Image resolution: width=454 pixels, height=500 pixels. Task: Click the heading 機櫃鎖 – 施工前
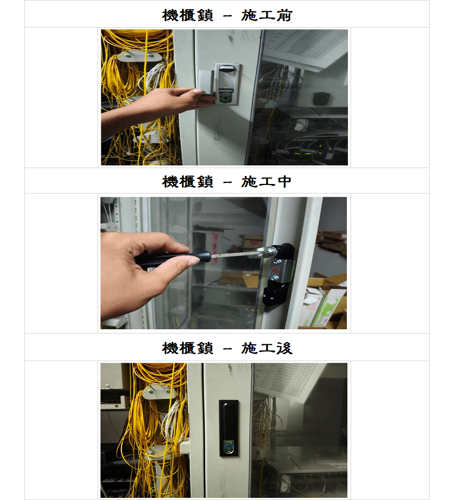tap(227, 15)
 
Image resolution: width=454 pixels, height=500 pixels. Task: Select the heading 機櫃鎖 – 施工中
tap(226, 181)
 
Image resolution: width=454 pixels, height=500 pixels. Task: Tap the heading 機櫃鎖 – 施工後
tap(227, 348)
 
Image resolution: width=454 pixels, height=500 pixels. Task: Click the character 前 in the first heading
tap(284, 15)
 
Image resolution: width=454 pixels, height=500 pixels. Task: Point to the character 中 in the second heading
tap(284, 181)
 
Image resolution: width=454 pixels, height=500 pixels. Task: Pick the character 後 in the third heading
tap(284, 348)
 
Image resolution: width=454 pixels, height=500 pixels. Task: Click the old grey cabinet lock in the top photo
tap(227, 84)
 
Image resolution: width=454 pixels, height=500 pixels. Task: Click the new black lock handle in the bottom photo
tap(229, 428)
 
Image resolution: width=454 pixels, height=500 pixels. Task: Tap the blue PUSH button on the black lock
tap(229, 446)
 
